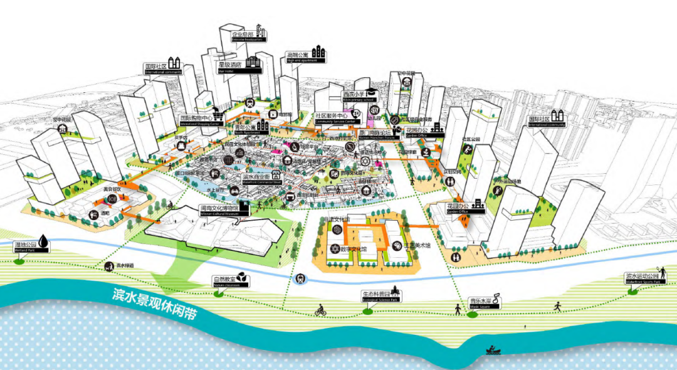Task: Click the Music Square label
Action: [480, 304]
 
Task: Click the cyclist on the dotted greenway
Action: [320, 310]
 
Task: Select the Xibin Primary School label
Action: [358, 97]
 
